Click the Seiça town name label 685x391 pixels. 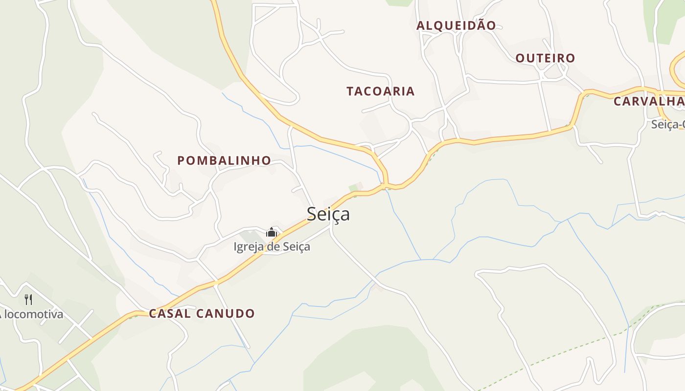click(x=328, y=214)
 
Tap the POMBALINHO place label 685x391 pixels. click(x=224, y=160)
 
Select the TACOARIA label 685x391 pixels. click(x=381, y=91)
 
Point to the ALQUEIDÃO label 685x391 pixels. click(x=456, y=25)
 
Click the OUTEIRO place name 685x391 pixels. click(x=546, y=58)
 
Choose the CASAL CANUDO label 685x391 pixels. click(x=202, y=314)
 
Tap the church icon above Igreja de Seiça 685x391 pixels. click(x=272, y=233)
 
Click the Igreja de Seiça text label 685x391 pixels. click(x=272, y=247)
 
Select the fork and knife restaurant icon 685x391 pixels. click(x=29, y=299)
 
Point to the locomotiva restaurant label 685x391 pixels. click(x=32, y=314)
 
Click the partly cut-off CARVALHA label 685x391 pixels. click(x=649, y=102)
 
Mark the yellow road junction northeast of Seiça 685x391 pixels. click(x=386, y=185)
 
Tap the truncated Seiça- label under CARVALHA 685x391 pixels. click(x=667, y=125)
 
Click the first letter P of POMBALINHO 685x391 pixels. click(x=181, y=161)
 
